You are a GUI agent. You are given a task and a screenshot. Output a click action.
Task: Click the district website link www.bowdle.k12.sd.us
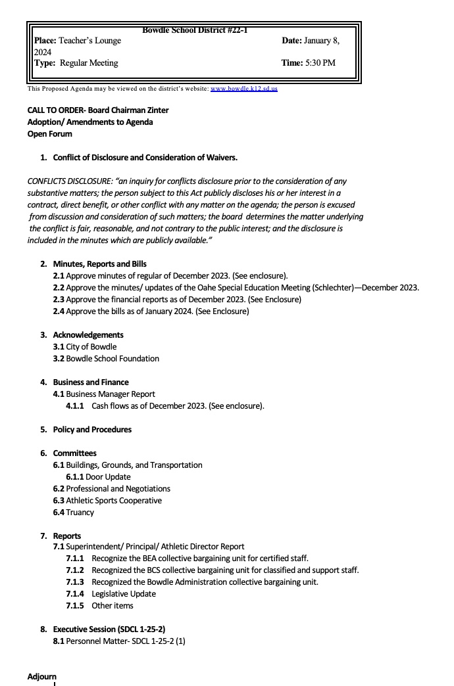[x=243, y=89]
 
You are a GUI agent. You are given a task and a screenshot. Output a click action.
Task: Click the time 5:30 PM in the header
[x=320, y=63]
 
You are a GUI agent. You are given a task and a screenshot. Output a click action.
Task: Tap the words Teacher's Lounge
[x=89, y=41]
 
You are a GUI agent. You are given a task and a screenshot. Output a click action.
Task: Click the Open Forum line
[x=50, y=134]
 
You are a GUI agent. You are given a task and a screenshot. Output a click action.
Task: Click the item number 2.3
[x=59, y=300]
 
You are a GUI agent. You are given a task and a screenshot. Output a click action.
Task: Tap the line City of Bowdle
[x=91, y=347]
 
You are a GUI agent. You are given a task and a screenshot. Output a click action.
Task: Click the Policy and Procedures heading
[x=92, y=430]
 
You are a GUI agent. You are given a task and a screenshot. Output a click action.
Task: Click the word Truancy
[x=80, y=513]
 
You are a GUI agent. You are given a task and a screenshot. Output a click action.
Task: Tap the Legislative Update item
[x=124, y=594]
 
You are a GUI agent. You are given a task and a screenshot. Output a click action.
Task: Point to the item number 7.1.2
[x=74, y=570]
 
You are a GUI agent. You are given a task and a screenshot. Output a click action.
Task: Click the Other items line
[x=113, y=606]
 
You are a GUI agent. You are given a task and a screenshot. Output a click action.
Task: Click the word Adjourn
[x=42, y=677]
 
